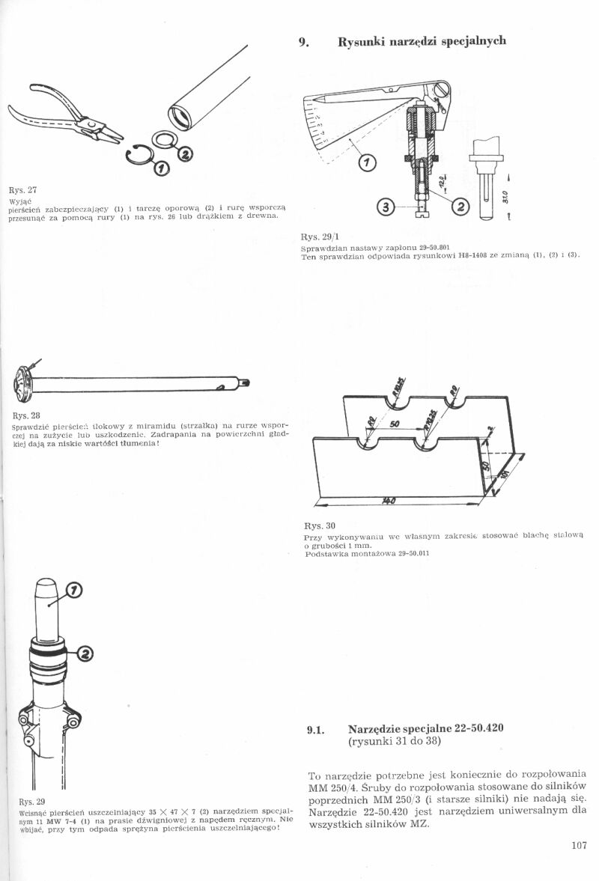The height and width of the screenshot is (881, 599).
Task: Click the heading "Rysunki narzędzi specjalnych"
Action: tap(422, 41)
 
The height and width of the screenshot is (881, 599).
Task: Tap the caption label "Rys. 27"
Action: tap(22, 190)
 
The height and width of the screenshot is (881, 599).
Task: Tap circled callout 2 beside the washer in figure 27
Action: tap(185, 155)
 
